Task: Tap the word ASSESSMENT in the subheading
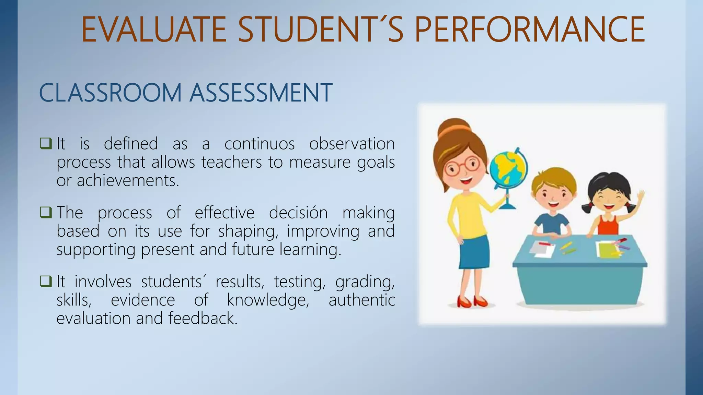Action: pyautogui.click(x=261, y=93)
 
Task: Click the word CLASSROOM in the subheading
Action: pyautogui.click(x=110, y=93)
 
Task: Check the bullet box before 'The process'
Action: pyautogui.click(x=46, y=212)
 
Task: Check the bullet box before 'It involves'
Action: pyautogui.click(x=46, y=281)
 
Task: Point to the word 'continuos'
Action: pyautogui.click(x=260, y=143)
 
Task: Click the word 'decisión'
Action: pyautogui.click(x=298, y=213)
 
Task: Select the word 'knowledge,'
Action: pyautogui.click(x=268, y=300)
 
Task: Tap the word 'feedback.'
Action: pyautogui.click(x=203, y=318)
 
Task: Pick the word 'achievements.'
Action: pyautogui.click(x=128, y=180)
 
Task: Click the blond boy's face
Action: pyautogui.click(x=553, y=195)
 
